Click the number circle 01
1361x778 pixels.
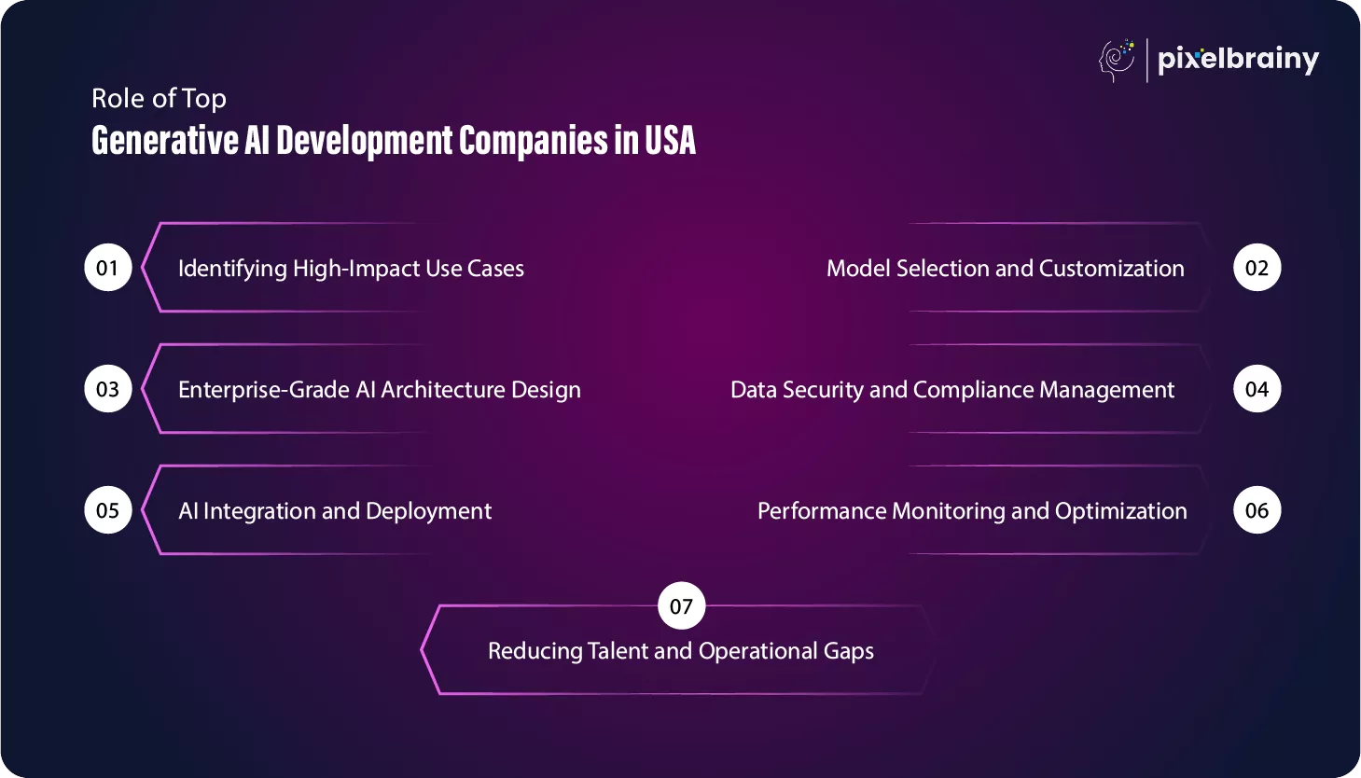pos(108,268)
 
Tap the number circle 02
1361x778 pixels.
pos(1257,268)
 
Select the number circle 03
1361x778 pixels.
pos(108,389)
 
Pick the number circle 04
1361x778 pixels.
pos(1257,389)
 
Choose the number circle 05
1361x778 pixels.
pos(108,510)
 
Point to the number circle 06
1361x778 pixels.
pos(1257,510)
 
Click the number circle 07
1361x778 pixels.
pos(681,606)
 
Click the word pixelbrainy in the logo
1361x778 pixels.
pos(1238,60)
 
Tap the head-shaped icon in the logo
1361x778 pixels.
pos(1117,61)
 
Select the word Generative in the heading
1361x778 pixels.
pos(165,140)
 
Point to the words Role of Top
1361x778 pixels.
pos(159,99)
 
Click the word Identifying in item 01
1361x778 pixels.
pos(232,269)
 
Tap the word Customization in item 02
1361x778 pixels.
pos(1111,268)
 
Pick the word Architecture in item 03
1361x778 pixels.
pos(442,390)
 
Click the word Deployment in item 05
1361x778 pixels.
pos(428,511)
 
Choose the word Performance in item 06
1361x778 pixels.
pos(822,511)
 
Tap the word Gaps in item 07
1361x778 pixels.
pos(848,651)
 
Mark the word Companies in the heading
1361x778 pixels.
pos(534,141)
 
